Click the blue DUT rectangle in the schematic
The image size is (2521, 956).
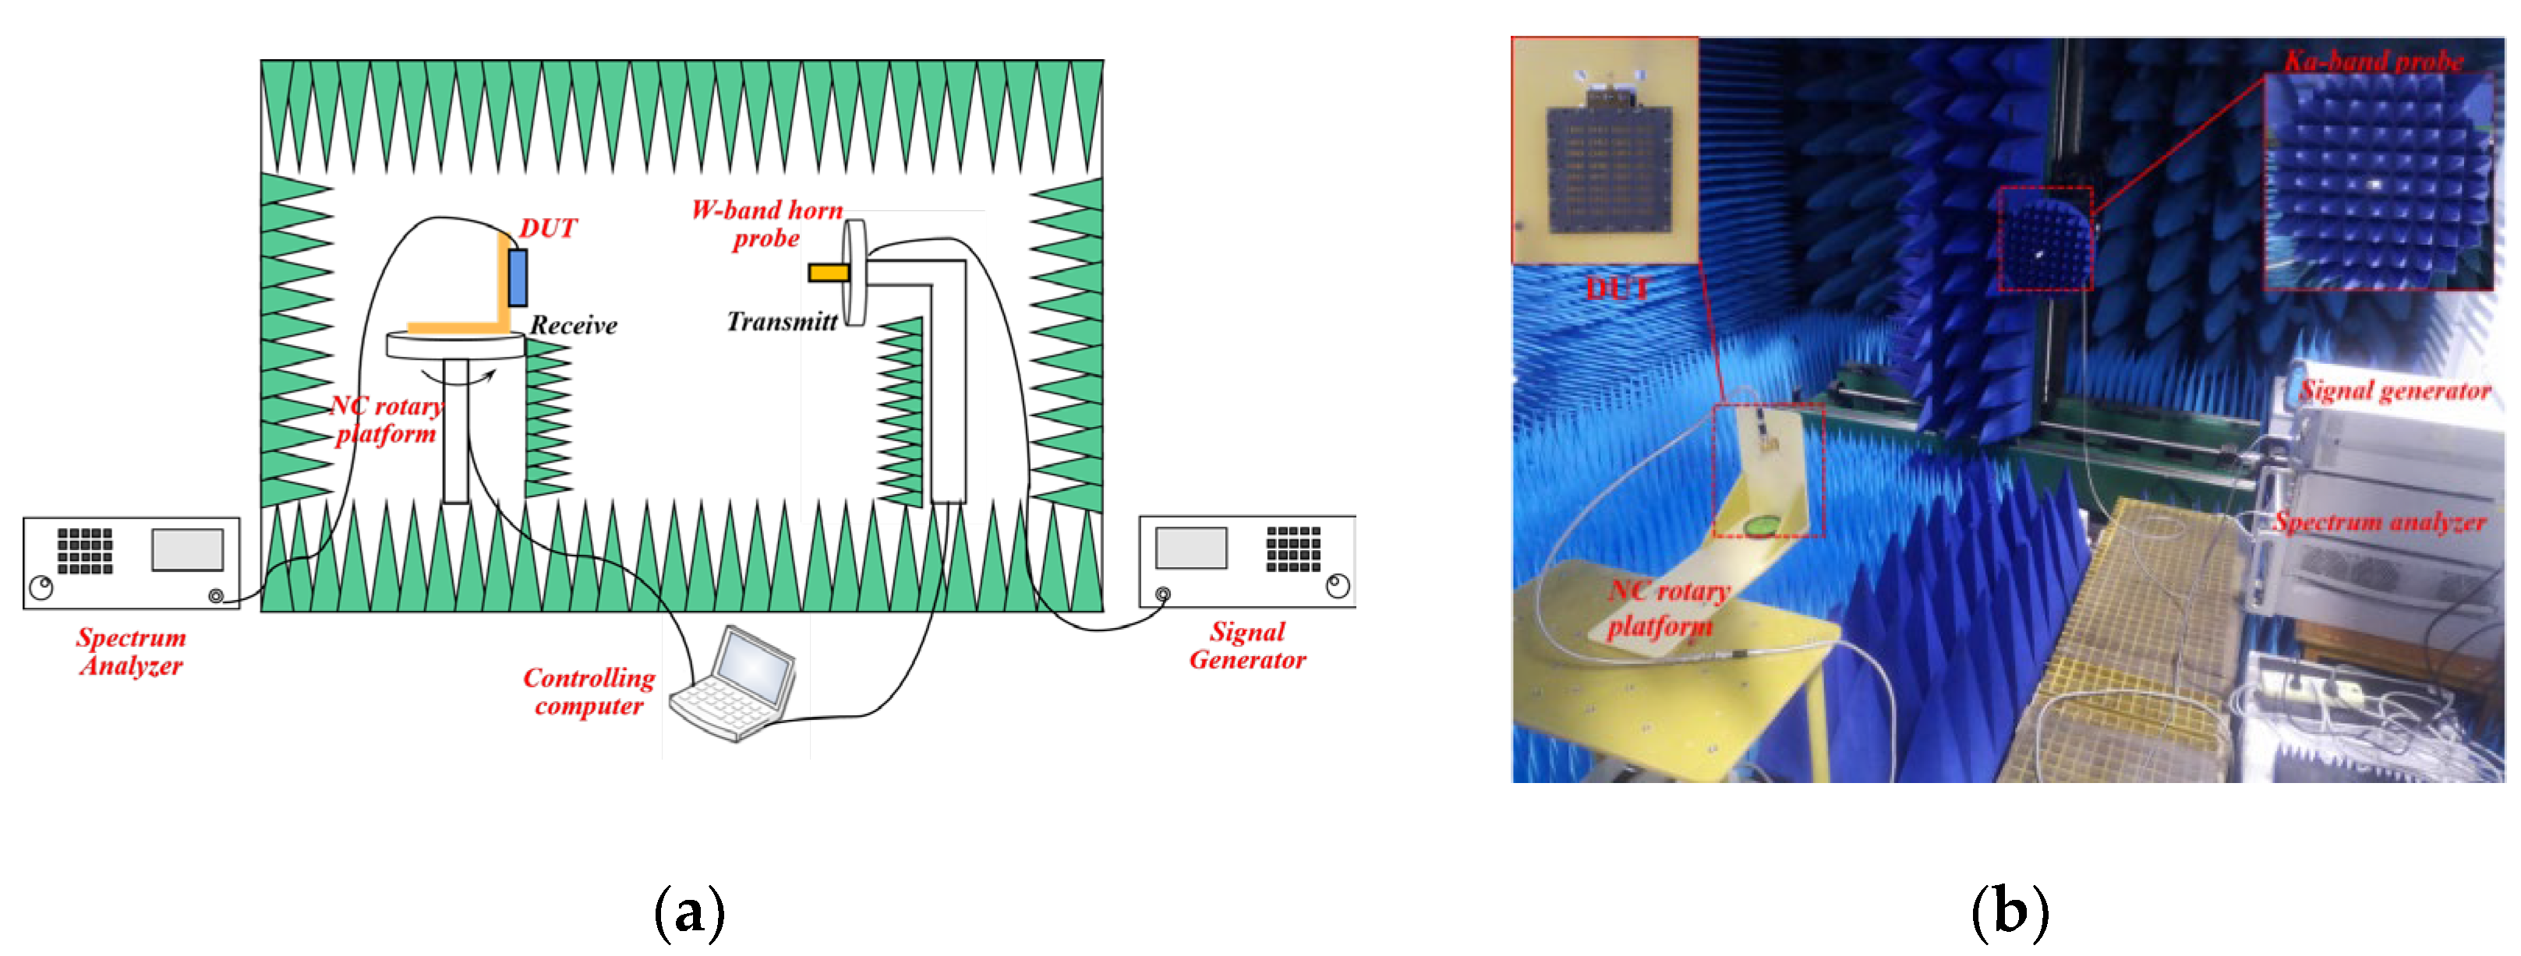click(518, 278)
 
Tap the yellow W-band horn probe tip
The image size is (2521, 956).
click(828, 273)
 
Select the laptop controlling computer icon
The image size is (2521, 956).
click(734, 684)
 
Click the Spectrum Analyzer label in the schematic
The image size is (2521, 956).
click(131, 651)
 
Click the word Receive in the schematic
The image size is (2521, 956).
click(574, 326)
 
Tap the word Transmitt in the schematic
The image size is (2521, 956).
click(782, 322)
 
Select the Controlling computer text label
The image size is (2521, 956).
click(589, 692)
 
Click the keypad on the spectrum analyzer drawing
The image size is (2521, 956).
click(85, 550)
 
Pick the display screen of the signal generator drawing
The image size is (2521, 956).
click(1191, 548)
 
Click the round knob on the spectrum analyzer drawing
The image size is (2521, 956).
click(41, 588)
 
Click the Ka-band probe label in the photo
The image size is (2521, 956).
click(2373, 61)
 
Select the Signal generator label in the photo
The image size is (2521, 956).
click(2395, 391)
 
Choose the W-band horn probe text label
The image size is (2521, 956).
click(767, 224)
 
